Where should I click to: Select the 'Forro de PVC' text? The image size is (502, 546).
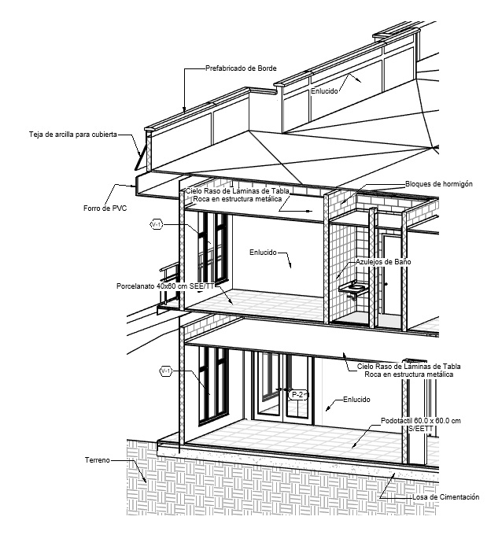(x=105, y=208)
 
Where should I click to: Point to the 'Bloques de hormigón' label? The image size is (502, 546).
(x=437, y=183)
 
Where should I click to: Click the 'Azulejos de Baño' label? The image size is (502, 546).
(x=384, y=260)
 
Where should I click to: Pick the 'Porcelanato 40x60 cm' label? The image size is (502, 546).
(x=164, y=286)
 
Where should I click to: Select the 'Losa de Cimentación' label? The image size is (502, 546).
(x=445, y=497)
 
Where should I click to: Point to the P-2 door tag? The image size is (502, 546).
(x=297, y=394)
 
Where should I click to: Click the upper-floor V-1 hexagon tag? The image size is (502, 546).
(x=156, y=225)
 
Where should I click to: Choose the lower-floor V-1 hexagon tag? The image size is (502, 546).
(x=166, y=371)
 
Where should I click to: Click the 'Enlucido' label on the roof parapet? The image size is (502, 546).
(x=324, y=90)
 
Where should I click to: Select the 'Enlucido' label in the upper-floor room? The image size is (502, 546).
(x=263, y=253)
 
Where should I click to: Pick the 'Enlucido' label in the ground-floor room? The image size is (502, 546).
(x=356, y=400)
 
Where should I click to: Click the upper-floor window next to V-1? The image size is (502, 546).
(x=212, y=248)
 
